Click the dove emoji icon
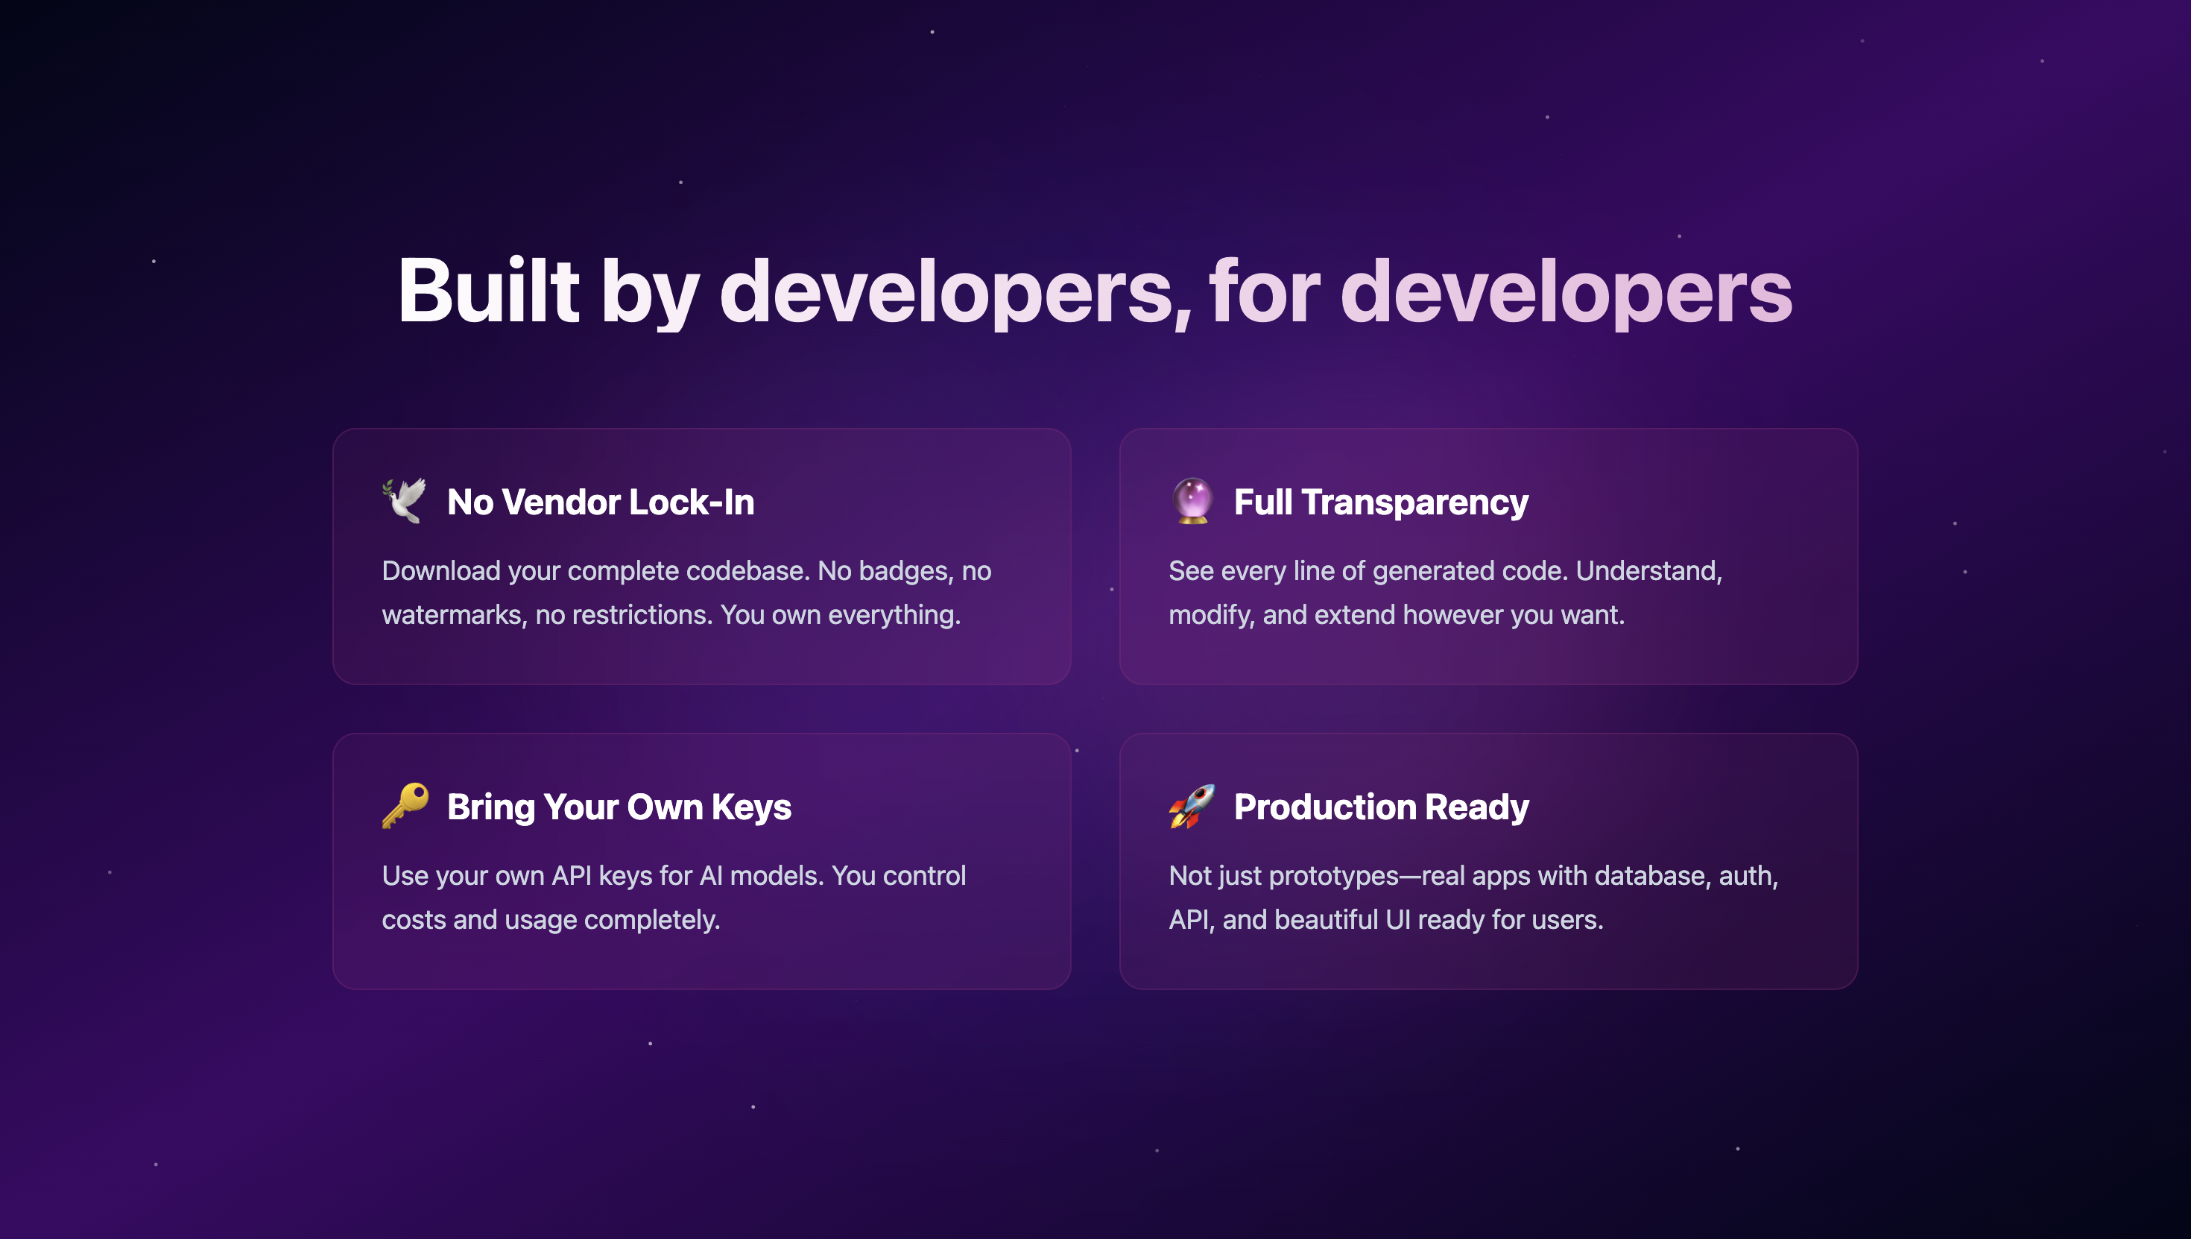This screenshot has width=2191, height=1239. coord(404,501)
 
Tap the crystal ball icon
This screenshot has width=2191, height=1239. coord(1192,501)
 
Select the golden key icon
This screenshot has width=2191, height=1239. coord(405,805)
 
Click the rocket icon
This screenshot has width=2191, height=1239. coord(1192,806)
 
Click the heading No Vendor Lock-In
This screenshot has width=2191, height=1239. coord(601,502)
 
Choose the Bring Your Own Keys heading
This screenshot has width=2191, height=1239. coord(619,807)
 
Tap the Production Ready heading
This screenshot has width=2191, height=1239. coord(1381,807)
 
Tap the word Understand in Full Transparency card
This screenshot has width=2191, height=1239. coord(1648,571)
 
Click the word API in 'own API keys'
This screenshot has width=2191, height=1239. coord(572,876)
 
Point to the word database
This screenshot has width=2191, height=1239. coord(1649,876)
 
